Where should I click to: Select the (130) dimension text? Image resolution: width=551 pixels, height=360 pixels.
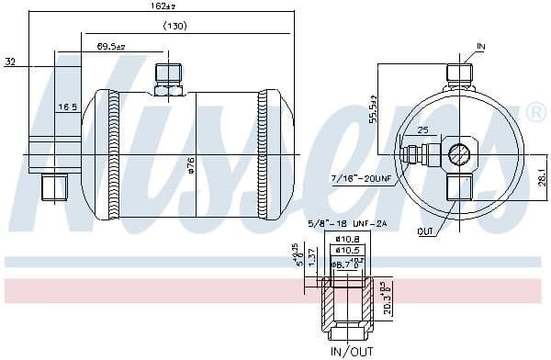(x=175, y=26)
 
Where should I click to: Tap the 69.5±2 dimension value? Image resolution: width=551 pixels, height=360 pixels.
(x=111, y=45)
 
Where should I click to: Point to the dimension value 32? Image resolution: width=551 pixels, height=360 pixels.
(x=10, y=63)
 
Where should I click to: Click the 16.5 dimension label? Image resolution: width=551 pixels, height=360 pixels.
(x=68, y=107)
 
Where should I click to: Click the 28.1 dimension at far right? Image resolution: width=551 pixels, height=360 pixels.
(x=542, y=174)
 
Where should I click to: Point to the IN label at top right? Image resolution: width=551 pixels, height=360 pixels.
(x=481, y=45)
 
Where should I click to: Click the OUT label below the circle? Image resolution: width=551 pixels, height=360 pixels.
(x=424, y=231)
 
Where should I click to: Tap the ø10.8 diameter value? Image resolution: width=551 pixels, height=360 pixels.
(x=346, y=238)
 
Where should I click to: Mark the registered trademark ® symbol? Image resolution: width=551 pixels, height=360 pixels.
(x=534, y=112)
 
